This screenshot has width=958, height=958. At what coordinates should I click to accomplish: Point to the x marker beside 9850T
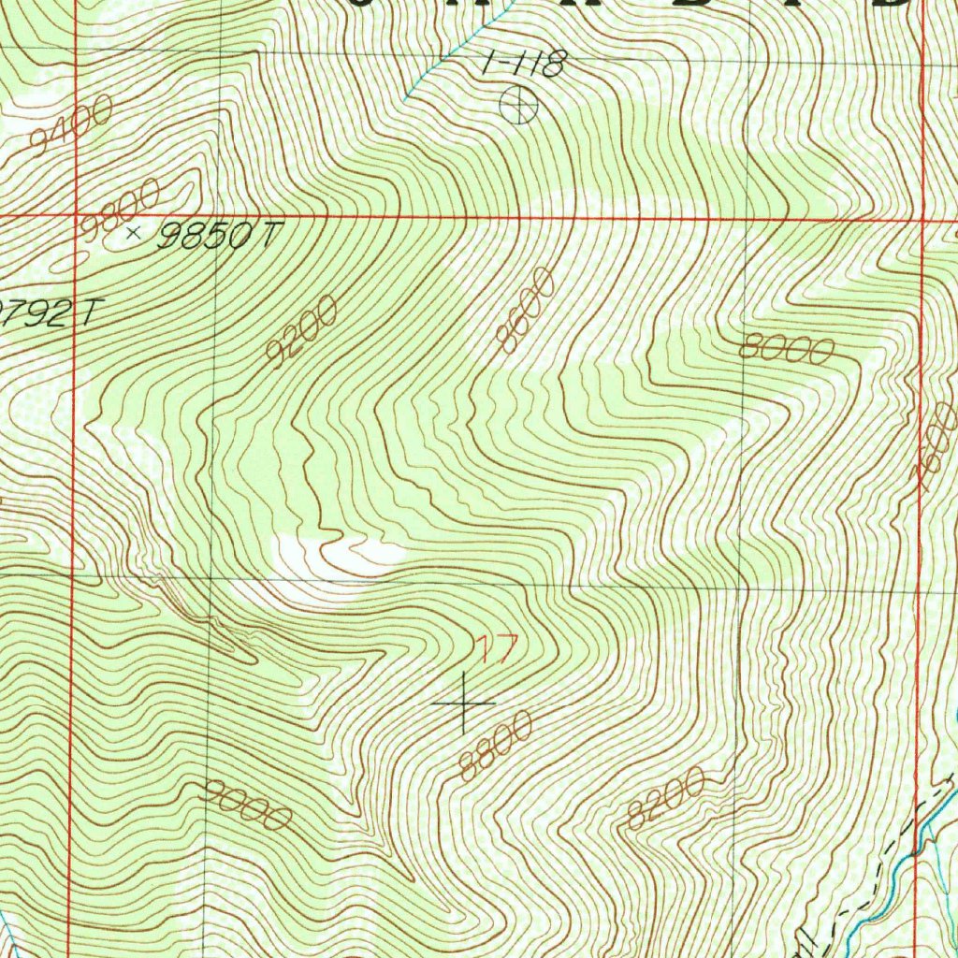tap(134, 232)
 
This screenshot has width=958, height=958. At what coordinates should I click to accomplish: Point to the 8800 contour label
tap(496, 746)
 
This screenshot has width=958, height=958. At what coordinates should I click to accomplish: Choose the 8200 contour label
tap(665, 798)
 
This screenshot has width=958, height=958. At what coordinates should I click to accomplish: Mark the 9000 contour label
tap(246, 805)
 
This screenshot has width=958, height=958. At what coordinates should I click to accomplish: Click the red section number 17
tap(493, 649)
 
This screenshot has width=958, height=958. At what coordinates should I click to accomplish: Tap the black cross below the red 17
tap(465, 702)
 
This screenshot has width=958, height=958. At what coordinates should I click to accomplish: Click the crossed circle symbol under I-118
tap(519, 104)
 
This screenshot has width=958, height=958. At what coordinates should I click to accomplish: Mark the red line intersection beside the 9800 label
tap(75, 216)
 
